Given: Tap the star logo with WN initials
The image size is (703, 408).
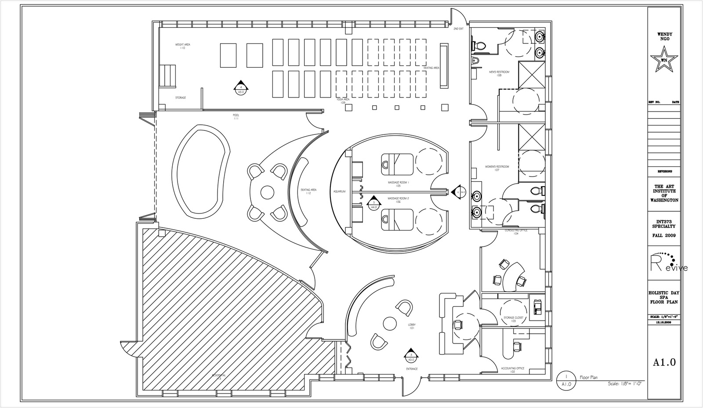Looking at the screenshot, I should (664, 62).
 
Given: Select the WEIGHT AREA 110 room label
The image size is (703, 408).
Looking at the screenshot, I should (183, 46).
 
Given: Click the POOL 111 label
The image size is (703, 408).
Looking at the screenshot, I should (236, 117).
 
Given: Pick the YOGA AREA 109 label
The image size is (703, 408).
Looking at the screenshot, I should (343, 101).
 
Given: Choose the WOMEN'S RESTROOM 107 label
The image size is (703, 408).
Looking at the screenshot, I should (497, 168).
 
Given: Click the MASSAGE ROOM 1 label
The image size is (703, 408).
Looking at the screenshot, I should (398, 184).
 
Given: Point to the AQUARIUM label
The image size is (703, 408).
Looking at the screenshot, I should (340, 191).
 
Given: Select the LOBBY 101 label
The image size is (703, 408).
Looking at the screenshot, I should (412, 326).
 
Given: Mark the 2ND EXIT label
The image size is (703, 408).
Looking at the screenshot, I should (458, 29).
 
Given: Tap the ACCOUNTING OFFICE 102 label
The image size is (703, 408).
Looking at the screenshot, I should (512, 370).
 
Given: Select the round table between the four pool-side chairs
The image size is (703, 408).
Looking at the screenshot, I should (267, 192).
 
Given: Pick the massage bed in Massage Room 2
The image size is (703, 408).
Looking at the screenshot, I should (397, 219).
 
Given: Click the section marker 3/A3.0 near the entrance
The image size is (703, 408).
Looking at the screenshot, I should (411, 357).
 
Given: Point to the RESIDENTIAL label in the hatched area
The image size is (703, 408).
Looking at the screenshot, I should (219, 376).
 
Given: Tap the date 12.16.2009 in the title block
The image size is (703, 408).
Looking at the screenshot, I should (663, 322).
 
